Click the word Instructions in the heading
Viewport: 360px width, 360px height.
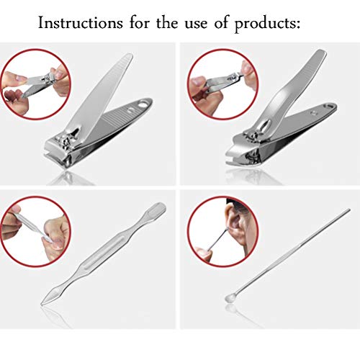coord(81,23)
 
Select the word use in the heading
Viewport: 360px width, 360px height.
coord(196,24)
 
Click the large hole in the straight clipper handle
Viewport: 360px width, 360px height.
coord(143,104)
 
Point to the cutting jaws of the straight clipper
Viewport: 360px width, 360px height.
coord(56,153)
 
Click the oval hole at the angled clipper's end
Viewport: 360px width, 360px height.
coord(328,106)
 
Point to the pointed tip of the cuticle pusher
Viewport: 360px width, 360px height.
coord(42,305)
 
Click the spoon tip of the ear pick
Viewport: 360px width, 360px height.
coord(228,298)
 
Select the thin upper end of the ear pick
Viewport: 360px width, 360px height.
coord(348,210)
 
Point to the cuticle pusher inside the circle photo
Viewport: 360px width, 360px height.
coord(31,228)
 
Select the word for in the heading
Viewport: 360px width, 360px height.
coord(140,22)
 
